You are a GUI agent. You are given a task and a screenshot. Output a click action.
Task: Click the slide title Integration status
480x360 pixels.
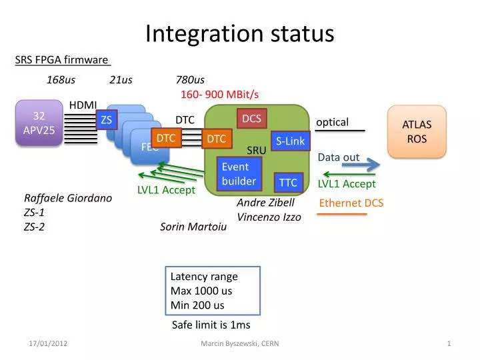[240, 33]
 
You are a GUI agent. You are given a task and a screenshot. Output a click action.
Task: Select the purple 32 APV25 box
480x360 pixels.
[39, 123]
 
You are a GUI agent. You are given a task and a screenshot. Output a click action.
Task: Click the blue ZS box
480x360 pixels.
[106, 119]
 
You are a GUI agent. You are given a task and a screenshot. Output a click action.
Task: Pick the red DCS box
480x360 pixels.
[251, 119]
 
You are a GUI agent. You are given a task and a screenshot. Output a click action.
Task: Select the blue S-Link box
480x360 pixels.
[290, 141]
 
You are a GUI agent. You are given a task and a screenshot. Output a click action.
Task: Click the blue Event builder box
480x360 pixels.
[239, 173]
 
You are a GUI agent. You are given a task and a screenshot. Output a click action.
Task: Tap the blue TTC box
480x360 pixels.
[288, 181]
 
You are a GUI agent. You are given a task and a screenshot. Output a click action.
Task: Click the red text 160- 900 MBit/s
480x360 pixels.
[219, 95]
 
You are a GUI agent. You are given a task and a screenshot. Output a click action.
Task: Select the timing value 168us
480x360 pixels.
[61, 80]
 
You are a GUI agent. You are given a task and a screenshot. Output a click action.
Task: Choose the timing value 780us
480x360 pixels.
[190, 80]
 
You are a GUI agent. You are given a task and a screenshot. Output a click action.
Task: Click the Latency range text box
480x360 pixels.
[213, 291]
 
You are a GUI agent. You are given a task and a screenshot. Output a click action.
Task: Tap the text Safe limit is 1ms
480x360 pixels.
[211, 325]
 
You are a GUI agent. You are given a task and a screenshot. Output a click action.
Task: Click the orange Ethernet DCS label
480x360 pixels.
[351, 203]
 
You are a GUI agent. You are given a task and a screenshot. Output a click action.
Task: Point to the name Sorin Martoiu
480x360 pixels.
[193, 227]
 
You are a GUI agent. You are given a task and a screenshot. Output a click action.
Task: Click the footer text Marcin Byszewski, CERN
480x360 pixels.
[240, 343]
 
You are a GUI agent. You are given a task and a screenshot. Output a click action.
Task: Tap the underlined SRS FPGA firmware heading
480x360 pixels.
[62, 61]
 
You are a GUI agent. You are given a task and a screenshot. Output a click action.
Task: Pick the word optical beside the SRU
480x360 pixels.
[332, 122]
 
